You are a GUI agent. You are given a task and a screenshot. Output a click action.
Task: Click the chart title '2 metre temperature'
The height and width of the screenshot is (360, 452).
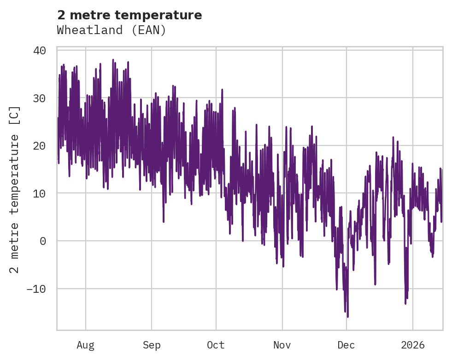[129, 15]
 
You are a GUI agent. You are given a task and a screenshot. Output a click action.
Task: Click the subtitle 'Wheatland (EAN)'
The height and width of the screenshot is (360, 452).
[111, 30]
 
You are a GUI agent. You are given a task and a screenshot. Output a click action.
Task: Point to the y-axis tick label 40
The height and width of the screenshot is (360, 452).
[40, 50]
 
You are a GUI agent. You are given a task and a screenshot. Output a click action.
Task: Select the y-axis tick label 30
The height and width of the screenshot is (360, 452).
[40, 98]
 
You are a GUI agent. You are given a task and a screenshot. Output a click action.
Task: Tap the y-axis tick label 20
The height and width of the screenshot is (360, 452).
[40, 145]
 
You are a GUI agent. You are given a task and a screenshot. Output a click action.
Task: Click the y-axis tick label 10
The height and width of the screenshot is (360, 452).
[40, 193]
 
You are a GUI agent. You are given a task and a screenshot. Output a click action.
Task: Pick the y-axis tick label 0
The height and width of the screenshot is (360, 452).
[43, 241]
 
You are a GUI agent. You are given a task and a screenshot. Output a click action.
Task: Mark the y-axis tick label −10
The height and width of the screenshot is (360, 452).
[36, 289]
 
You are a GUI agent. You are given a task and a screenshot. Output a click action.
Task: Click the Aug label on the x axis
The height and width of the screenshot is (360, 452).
[85, 345]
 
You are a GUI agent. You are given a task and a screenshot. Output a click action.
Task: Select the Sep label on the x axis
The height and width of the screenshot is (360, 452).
[151, 345]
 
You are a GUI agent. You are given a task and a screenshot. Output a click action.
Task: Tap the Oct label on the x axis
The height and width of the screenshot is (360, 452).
[216, 345]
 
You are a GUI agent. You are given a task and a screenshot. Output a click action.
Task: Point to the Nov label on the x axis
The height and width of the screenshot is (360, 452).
[282, 345]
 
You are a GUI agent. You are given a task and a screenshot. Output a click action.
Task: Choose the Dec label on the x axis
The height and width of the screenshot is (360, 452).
[346, 345]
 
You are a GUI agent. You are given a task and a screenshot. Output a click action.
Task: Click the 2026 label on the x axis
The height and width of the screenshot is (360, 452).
[413, 345]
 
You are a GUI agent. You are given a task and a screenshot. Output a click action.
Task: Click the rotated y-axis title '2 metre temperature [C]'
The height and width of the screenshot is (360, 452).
[15, 190]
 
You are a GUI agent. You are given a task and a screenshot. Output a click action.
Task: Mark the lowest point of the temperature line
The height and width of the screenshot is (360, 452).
[347, 317]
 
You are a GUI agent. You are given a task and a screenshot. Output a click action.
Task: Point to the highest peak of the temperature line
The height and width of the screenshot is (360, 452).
[113, 59]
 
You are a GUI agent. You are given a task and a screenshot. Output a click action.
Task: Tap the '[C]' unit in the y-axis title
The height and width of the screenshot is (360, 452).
[15, 115]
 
